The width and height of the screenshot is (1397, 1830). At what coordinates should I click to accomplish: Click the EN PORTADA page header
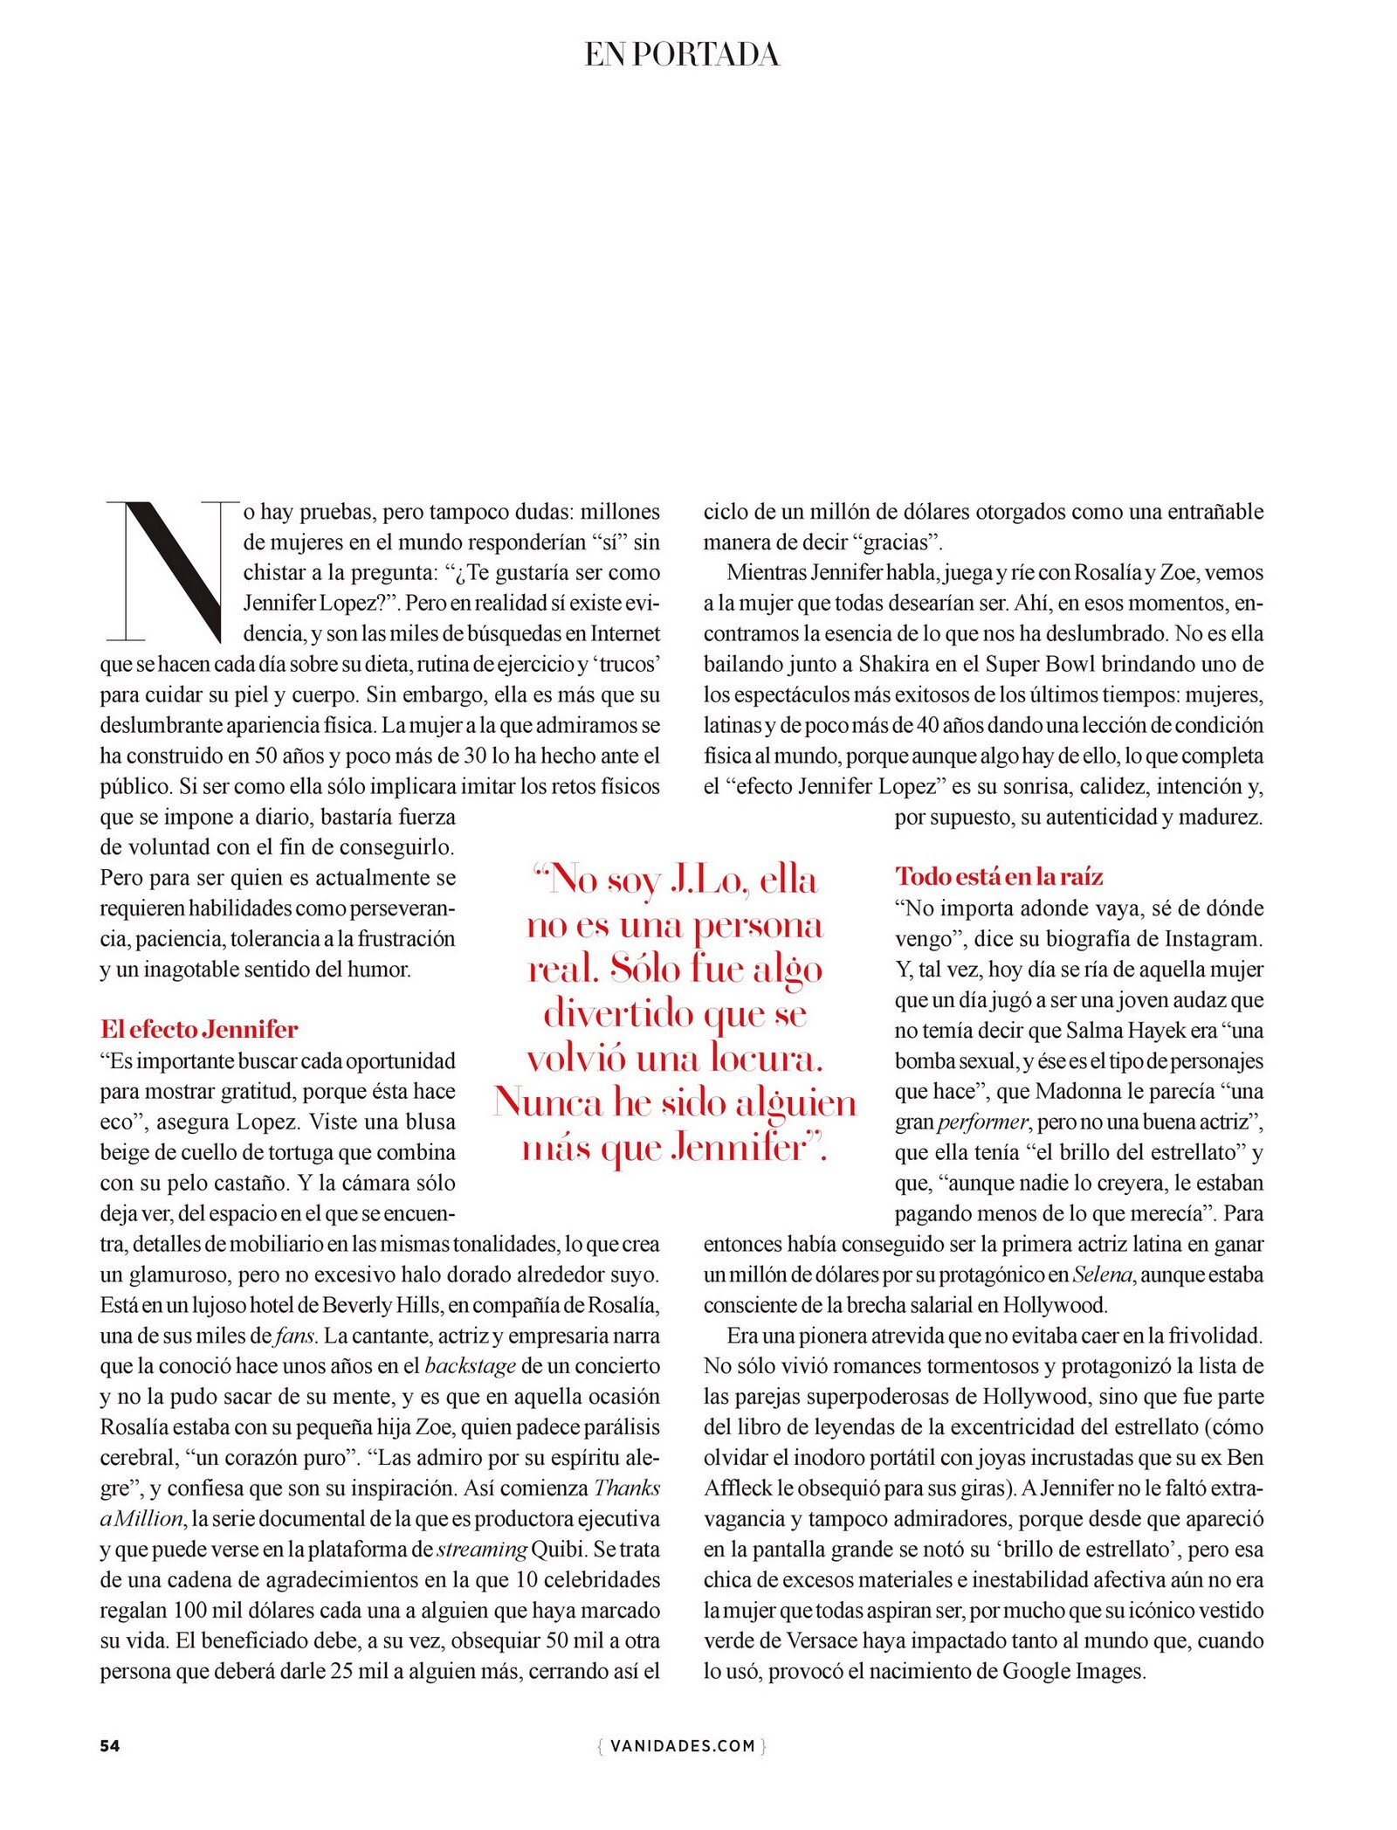[x=682, y=55]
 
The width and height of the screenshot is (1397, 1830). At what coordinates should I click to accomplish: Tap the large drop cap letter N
[x=173, y=571]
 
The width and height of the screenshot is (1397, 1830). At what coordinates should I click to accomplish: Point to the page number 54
[x=110, y=1745]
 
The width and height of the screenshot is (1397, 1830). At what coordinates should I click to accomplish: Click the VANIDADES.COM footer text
[x=682, y=1745]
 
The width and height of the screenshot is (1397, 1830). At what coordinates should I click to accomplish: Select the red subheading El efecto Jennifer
[x=199, y=1029]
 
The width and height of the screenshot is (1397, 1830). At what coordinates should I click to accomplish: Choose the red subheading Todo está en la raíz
[x=1000, y=876]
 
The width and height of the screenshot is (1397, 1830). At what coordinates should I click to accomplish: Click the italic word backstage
[x=470, y=1366]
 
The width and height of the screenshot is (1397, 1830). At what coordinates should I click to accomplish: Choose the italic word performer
[x=982, y=1122]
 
